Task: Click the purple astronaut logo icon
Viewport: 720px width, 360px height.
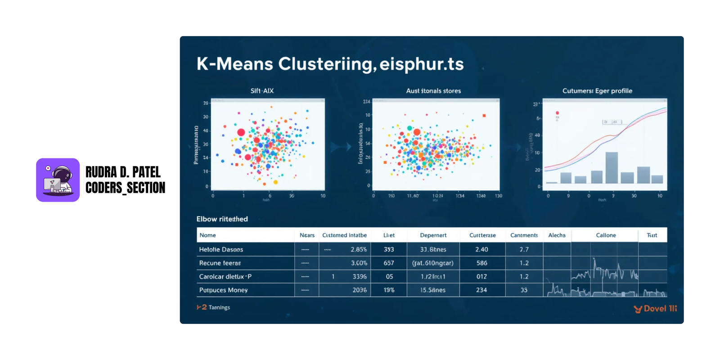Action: (58, 180)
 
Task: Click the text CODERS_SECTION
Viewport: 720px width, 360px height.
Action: (125, 188)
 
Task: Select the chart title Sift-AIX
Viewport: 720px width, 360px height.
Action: (262, 91)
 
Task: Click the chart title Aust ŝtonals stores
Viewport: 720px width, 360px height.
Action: (433, 91)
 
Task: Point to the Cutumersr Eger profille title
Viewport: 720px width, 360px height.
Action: (597, 91)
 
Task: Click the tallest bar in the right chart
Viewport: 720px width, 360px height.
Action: (611, 167)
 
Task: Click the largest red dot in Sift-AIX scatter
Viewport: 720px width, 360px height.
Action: (241, 132)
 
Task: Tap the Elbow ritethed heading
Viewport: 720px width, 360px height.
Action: (222, 219)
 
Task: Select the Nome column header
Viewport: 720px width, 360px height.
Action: (207, 235)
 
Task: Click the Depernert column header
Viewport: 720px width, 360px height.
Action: (433, 235)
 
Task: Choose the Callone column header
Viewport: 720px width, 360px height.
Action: (606, 235)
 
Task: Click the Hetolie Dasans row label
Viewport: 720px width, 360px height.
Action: (221, 249)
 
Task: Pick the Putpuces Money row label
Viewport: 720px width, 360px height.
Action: (223, 290)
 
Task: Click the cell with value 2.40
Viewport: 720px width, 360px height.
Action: (481, 249)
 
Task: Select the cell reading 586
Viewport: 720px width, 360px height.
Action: (482, 263)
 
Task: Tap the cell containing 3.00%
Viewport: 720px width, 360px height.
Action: (359, 263)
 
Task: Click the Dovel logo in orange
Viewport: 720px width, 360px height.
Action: (655, 309)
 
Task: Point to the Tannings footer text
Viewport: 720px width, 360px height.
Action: (219, 307)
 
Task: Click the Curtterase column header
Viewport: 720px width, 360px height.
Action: (482, 235)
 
